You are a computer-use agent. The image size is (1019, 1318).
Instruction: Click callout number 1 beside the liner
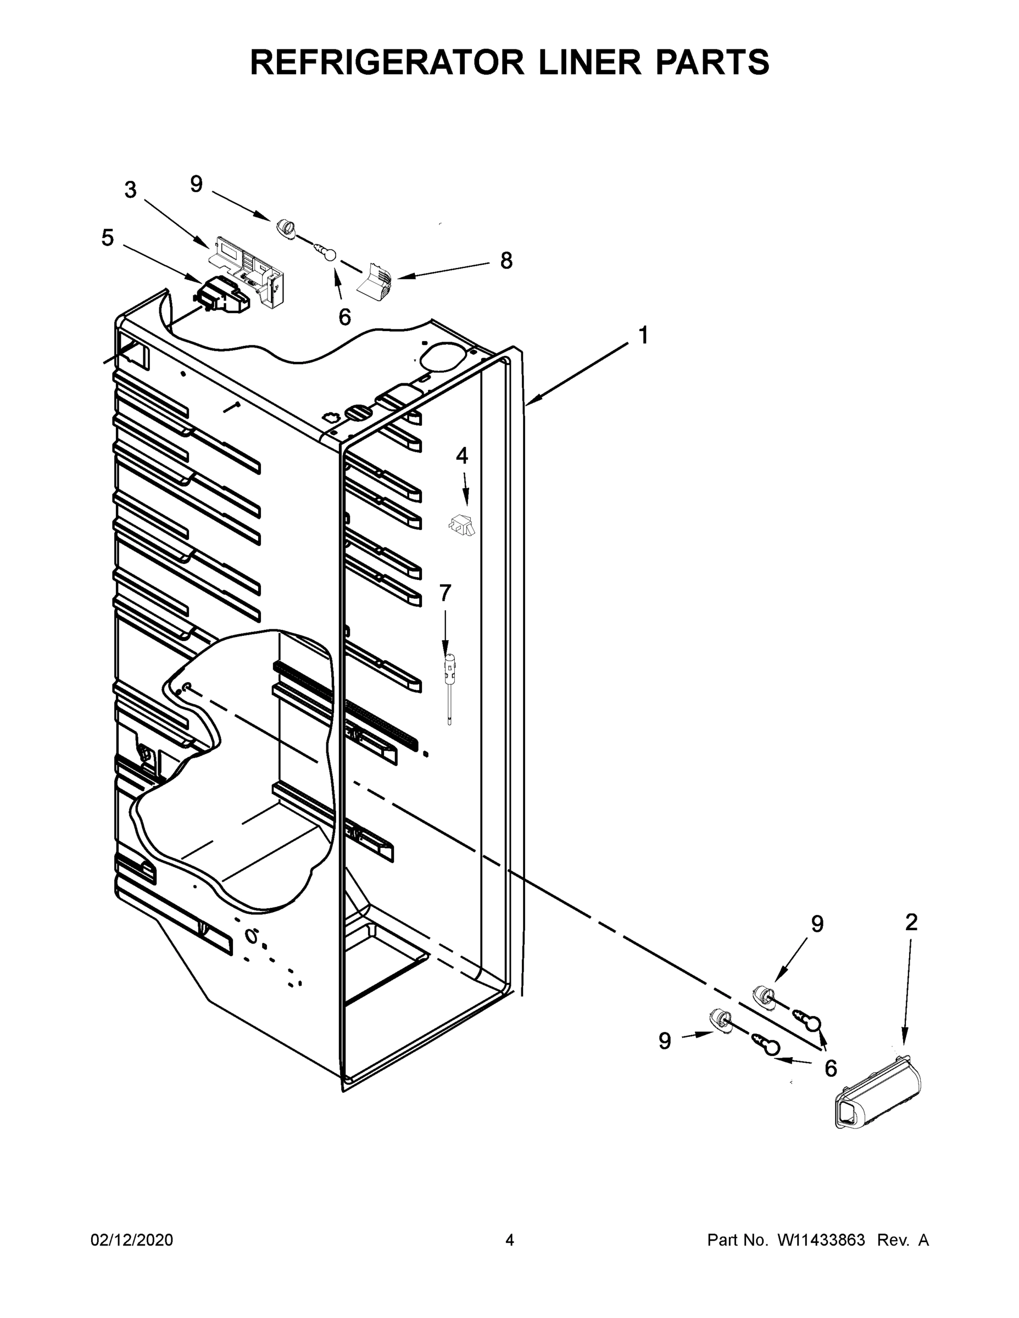[x=643, y=335]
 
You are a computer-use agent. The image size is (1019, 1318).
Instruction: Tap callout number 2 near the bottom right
[x=911, y=922]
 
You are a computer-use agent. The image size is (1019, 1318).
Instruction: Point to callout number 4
[x=462, y=456]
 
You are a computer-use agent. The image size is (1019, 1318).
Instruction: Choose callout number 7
[x=445, y=593]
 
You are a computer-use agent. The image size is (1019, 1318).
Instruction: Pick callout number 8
[x=506, y=261]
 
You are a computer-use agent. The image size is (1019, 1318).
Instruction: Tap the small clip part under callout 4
[x=462, y=524]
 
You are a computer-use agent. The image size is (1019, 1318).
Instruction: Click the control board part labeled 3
[x=248, y=266]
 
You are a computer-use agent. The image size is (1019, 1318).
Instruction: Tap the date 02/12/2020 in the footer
[x=132, y=1239]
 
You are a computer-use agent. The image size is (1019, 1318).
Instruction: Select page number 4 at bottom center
[x=510, y=1239]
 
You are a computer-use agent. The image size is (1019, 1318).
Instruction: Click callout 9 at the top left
[x=196, y=184]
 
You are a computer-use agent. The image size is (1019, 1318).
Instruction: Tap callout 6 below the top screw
[x=344, y=317]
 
